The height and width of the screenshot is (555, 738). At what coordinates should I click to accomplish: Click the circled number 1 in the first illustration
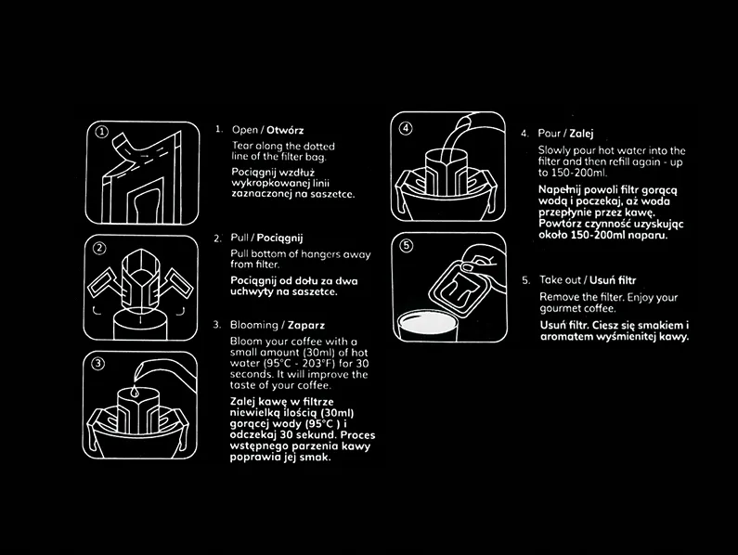(102, 132)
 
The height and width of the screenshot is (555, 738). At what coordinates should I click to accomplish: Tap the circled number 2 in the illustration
(99, 248)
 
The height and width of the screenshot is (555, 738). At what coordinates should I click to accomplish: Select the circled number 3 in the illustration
(97, 364)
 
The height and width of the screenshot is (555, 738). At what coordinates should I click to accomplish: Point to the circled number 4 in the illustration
(406, 128)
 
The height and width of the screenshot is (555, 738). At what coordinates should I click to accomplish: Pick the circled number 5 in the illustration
(407, 246)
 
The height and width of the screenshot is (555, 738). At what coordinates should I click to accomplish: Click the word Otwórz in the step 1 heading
(285, 130)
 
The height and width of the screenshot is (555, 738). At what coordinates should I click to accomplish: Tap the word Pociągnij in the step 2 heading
(279, 239)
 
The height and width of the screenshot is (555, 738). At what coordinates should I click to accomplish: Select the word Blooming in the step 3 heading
(254, 325)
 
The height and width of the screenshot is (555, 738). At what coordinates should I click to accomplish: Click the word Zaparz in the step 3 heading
(306, 325)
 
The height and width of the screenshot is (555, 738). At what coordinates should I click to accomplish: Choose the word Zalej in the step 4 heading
(581, 134)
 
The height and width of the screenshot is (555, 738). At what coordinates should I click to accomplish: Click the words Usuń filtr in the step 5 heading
(613, 280)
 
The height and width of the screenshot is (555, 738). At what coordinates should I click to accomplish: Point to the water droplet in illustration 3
(136, 391)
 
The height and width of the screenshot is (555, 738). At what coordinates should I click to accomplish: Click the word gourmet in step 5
(558, 309)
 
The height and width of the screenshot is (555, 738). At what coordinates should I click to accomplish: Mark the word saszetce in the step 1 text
(334, 194)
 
